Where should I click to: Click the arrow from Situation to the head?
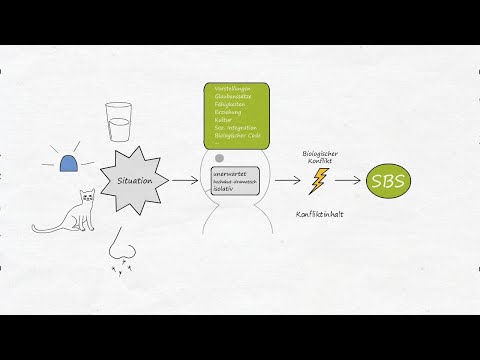[183, 181]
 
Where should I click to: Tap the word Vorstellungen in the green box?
[232, 88]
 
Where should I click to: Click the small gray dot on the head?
[219, 158]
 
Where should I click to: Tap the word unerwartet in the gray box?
[230, 173]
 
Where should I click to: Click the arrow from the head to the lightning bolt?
[287, 181]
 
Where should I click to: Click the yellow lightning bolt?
[319, 181]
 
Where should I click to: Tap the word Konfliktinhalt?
[320, 214]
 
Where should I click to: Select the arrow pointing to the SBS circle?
[347, 181]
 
